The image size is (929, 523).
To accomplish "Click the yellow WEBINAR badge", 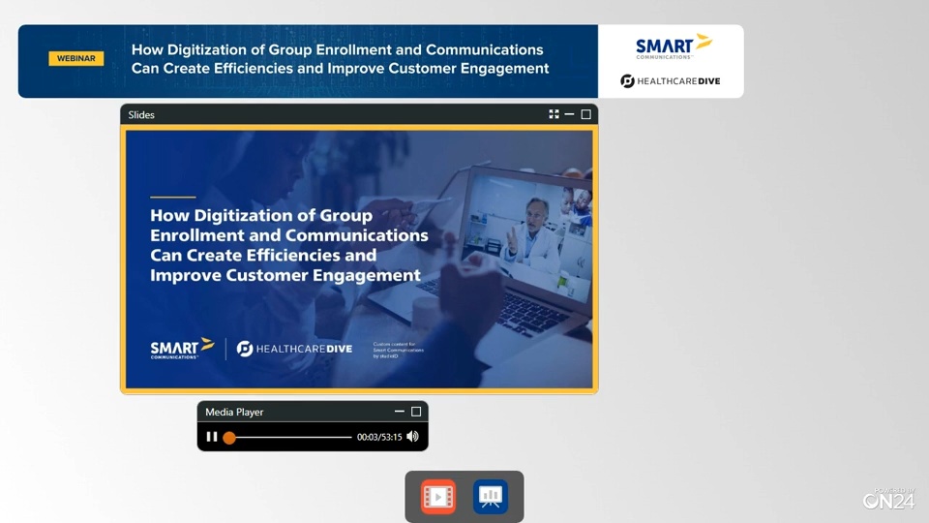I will (75, 58).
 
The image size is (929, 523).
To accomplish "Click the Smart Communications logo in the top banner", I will (673, 46).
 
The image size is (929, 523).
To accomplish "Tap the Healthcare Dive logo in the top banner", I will (671, 81).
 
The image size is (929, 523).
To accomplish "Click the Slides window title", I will (141, 114).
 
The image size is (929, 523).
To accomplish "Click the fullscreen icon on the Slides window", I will (554, 114).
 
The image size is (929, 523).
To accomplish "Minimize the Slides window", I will (569, 114).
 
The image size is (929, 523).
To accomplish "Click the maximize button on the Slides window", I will (585, 114).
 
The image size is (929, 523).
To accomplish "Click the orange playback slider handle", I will (229, 438).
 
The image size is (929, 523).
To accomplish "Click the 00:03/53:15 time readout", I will (379, 438).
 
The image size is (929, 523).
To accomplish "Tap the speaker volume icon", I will (413, 437).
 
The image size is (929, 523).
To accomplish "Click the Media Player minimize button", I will (400, 412).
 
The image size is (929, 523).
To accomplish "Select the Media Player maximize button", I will (416, 412).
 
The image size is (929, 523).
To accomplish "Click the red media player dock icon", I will (438, 497).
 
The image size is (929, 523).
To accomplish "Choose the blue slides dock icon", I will (491, 497).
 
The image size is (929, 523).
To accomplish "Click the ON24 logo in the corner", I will (888, 499).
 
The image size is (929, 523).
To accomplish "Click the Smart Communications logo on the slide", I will (182, 349).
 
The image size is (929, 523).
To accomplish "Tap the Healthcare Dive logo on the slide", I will (294, 349).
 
